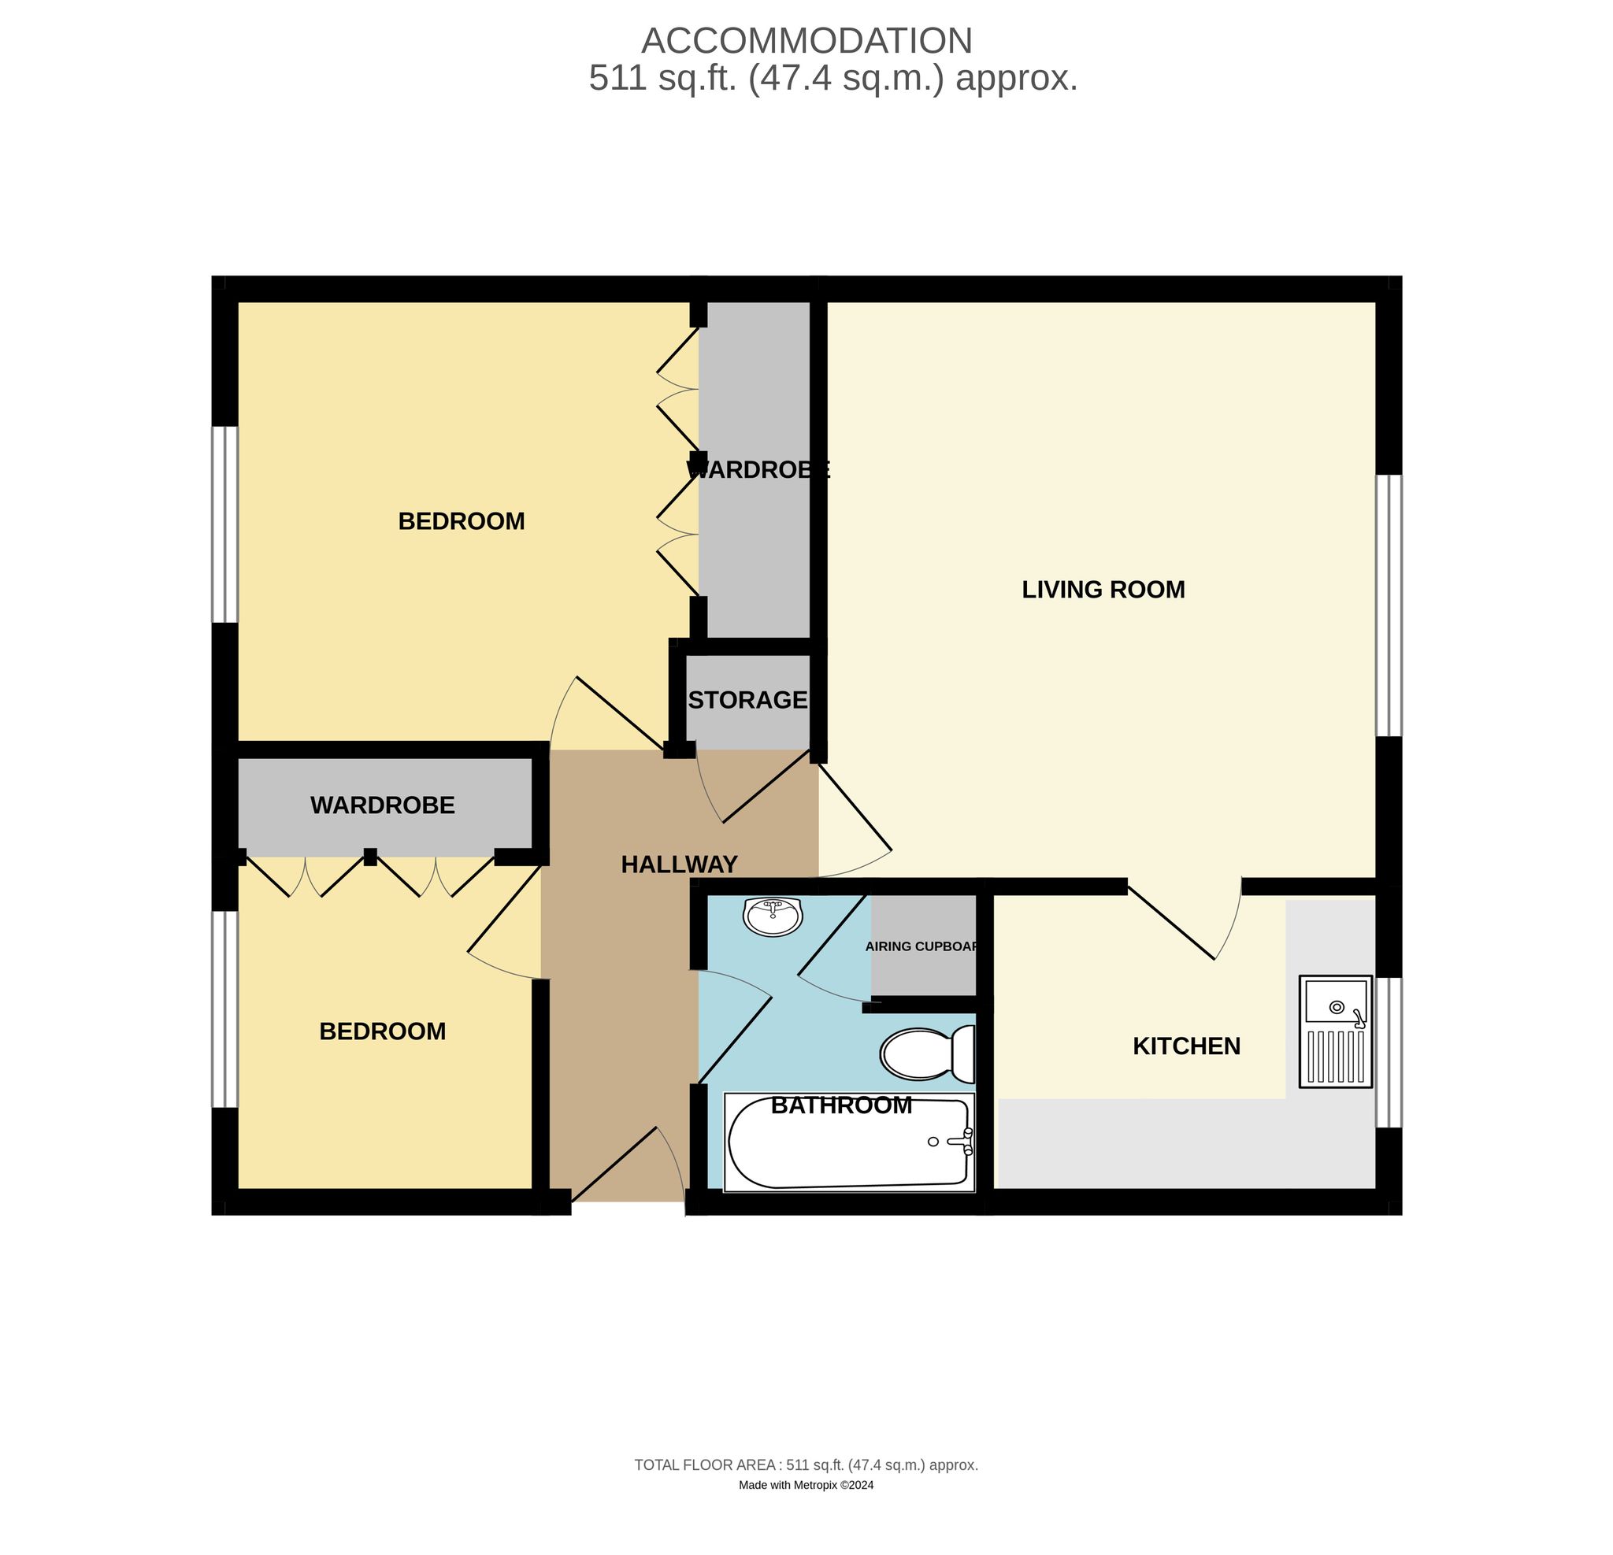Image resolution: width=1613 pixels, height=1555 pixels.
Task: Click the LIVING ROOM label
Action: click(x=1103, y=589)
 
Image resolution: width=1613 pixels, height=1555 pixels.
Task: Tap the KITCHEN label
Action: click(x=1187, y=1046)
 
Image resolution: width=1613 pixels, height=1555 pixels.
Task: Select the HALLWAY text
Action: click(x=679, y=864)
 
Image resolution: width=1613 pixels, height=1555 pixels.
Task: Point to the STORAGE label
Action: click(x=747, y=699)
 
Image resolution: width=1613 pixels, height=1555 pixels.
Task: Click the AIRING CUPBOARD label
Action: click(x=921, y=946)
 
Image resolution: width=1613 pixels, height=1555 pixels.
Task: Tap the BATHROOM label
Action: click(x=841, y=1105)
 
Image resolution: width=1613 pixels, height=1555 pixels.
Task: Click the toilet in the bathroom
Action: click(x=928, y=1054)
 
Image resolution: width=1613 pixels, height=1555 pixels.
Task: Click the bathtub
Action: click(x=849, y=1142)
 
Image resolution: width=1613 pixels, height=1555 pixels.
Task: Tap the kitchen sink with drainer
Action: click(x=1336, y=1031)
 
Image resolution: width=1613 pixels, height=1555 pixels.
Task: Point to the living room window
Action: click(x=1389, y=605)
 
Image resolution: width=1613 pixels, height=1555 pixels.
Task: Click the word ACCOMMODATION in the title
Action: click(x=806, y=41)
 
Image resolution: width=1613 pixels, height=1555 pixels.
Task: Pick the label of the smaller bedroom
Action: click(x=382, y=1031)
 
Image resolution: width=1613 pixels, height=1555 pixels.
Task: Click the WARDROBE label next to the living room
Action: click(x=758, y=470)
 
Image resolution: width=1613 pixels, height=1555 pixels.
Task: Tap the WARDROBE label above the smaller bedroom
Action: click(x=382, y=805)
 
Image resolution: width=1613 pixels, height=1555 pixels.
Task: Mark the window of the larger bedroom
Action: click(x=224, y=524)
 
